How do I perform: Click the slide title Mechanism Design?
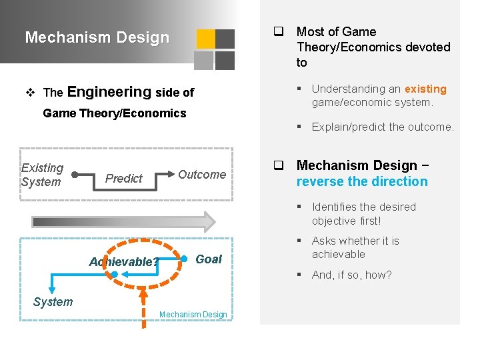pyautogui.click(x=97, y=37)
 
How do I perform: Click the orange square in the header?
pyautogui.click(x=205, y=39)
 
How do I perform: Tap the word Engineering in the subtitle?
pyautogui.click(x=109, y=92)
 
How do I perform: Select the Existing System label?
pyautogui.click(x=42, y=175)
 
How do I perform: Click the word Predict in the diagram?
pyautogui.click(x=124, y=178)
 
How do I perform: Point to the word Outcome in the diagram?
pyautogui.click(x=201, y=175)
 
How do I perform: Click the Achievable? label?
pyautogui.click(x=124, y=262)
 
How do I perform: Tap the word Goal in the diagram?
pyautogui.click(x=209, y=259)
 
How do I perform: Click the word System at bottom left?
pyautogui.click(x=53, y=302)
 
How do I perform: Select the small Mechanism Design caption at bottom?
pyautogui.click(x=193, y=315)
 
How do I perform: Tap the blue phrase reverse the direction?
pyautogui.click(x=362, y=181)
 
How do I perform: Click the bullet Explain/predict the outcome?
pyautogui.click(x=382, y=127)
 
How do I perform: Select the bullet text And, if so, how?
pyautogui.click(x=351, y=275)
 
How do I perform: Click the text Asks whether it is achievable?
pyautogui.click(x=355, y=247)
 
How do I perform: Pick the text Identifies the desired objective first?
pyautogui.click(x=363, y=213)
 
